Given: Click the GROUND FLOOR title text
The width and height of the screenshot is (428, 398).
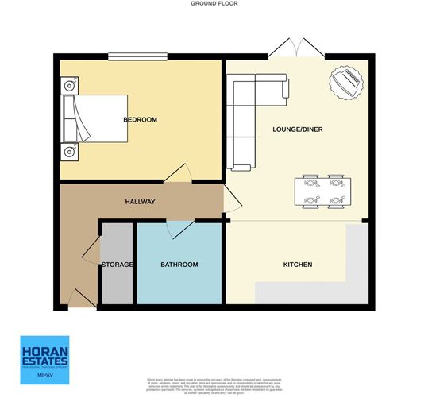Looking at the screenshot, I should point(214,4).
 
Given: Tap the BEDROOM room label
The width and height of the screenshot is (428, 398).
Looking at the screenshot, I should point(140,120).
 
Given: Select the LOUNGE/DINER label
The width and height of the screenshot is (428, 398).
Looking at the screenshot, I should point(297,129).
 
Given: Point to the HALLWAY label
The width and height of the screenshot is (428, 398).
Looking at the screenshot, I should point(140,202).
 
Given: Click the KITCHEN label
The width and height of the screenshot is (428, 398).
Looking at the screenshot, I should point(298,265).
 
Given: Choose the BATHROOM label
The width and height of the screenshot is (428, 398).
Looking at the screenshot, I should point(179,265).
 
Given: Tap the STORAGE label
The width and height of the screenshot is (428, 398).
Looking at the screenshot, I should point(116,265).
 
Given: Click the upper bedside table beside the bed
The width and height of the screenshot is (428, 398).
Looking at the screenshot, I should point(69,83).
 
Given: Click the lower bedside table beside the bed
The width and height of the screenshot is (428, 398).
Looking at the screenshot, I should point(69,151).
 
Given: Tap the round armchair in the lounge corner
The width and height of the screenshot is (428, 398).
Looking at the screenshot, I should point(346,82).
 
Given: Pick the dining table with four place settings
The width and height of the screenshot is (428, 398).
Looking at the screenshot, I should point(323,191).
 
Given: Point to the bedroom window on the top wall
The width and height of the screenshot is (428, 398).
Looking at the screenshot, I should point(137,56).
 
